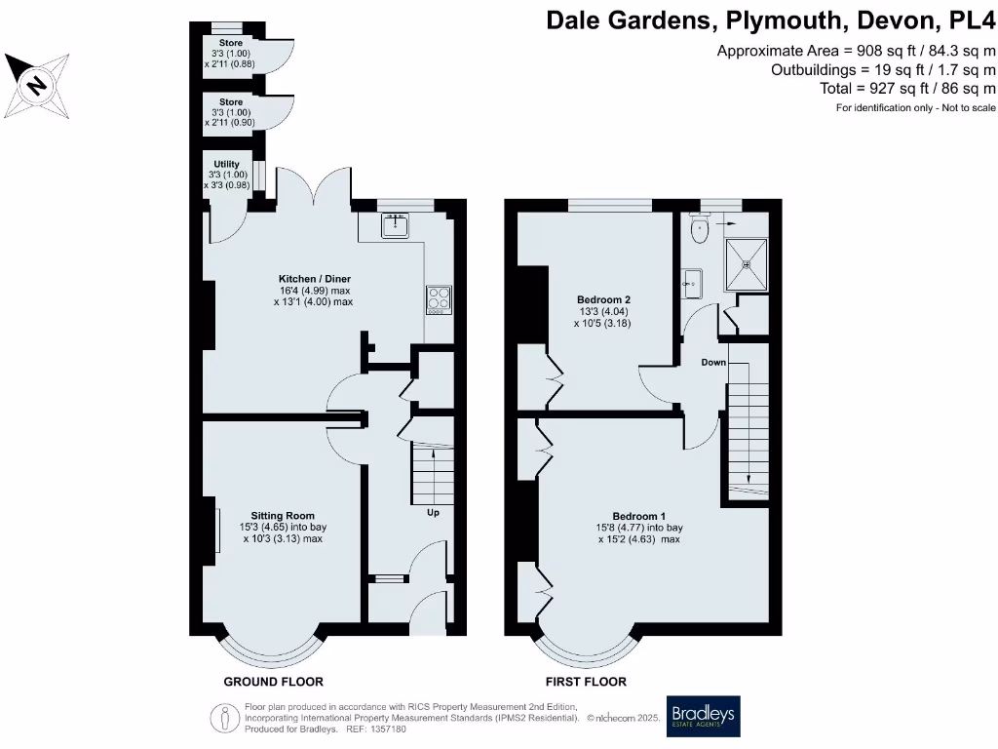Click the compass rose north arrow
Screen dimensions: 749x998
[36, 85]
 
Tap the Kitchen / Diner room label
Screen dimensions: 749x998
[313, 278]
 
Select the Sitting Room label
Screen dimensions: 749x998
[283, 515]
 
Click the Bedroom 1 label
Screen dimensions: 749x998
[639, 516]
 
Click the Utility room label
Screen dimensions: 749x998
[226, 164]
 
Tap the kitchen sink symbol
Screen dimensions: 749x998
[396, 227]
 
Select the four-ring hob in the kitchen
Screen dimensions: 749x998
[439, 299]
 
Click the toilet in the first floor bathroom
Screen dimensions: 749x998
[699, 230]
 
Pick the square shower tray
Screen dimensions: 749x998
[747, 263]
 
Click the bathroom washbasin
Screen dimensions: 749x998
[692, 284]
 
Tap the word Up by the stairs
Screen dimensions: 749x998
[434, 512]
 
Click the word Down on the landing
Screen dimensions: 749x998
[713, 362]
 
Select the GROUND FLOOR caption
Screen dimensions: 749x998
[273, 682]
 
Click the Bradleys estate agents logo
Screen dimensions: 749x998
[702, 717]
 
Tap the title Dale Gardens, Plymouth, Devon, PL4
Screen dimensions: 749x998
[771, 21]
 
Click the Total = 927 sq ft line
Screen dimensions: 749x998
[907, 88]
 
